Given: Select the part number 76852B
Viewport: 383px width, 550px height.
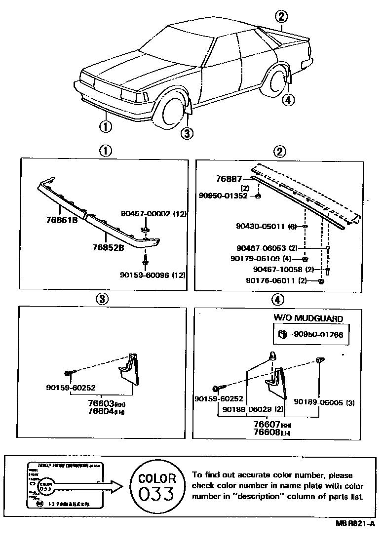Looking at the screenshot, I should point(107,247).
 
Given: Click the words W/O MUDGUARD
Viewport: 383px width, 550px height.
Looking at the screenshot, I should point(308,319).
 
